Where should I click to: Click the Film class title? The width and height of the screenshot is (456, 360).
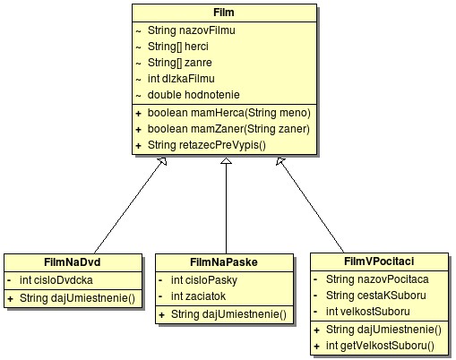(x=224, y=13)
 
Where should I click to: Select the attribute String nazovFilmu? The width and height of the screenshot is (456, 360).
(x=192, y=30)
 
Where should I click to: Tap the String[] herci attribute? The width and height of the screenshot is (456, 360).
(x=178, y=47)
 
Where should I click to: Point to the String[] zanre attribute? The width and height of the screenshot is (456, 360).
(x=180, y=63)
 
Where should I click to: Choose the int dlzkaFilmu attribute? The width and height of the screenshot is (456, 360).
(x=181, y=79)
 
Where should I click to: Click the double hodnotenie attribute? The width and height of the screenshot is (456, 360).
(x=194, y=95)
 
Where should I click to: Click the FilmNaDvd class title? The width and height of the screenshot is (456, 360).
(x=73, y=262)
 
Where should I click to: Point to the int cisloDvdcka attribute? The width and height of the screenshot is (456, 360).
(x=56, y=280)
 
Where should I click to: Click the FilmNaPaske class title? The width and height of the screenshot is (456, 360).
(x=224, y=262)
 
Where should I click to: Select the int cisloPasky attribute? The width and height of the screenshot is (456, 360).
(x=204, y=280)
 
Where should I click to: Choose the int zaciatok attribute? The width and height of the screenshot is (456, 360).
(x=198, y=296)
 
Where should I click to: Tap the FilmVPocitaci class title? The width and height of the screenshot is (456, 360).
(x=379, y=261)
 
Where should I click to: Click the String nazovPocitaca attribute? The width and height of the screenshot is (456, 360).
(x=377, y=279)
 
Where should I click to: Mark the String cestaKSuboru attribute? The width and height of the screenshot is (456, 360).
(x=376, y=296)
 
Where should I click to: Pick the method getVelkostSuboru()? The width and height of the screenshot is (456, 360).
(x=380, y=346)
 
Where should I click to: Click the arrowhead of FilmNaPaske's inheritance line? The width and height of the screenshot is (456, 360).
(x=226, y=161)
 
